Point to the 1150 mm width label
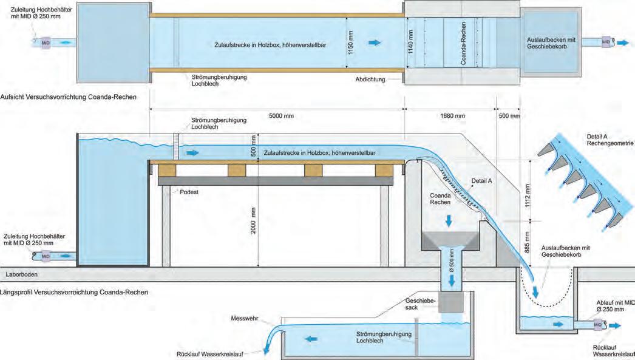pyautogui.click(x=351, y=43)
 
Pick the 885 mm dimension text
pyautogui.click(x=529, y=242)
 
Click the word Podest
pyautogui.click(x=189, y=191)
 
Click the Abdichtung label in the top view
pyautogui.click(x=373, y=80)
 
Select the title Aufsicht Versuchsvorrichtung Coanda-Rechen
pyautogui.click(x=69, y=97)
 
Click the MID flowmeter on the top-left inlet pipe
pyautogui.click(x=45, y=43)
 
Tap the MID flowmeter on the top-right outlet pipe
pyautogui.click(x=605, y=42)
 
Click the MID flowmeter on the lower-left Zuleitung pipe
pyautogui.click(x=45, y=256)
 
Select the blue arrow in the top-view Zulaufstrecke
pyautogui.click(x=376, y=43)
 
